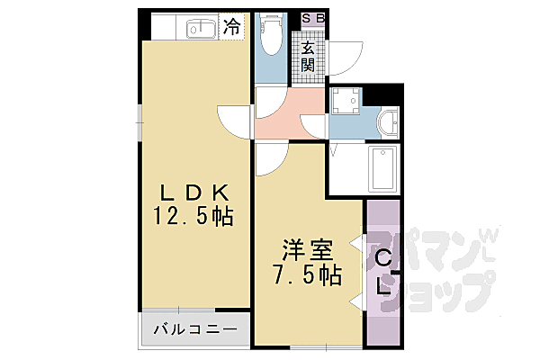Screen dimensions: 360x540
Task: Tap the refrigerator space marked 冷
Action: (231, 27)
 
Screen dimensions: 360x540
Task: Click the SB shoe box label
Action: (313, 17)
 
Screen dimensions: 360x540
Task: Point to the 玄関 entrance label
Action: (309, 56)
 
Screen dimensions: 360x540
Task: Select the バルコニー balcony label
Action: (192, 330)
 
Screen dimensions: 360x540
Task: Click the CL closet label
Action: (383, 274)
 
